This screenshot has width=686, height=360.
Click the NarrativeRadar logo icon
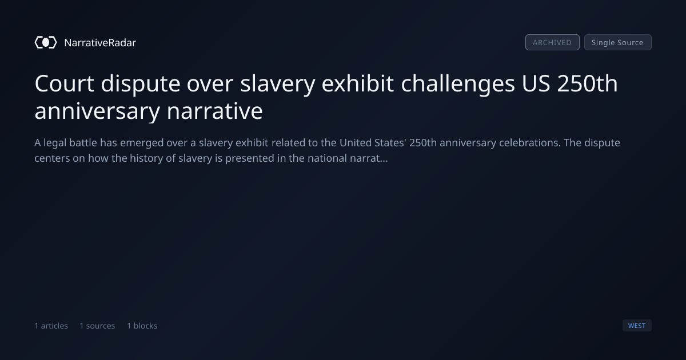tap(46, 42)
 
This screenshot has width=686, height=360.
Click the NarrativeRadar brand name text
tap(100, 42)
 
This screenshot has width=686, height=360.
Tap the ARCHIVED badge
tap(552, 42)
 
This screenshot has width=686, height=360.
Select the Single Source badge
tap(618, 42)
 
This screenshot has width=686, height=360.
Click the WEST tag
tap(637, 325)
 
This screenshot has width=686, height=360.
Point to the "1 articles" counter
tap(51, 326)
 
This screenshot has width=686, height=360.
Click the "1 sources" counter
tap(97, 326)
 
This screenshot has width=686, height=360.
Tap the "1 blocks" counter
tap(142, 326)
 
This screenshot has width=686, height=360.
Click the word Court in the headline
tap(64, 83)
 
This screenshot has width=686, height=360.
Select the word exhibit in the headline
tap(358, 83)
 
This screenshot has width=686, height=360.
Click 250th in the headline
tap(588, 83)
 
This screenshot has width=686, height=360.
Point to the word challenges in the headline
tap(458, 83)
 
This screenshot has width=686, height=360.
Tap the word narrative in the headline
tap(215, 111)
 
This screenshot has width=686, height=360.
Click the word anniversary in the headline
tap(97, 111)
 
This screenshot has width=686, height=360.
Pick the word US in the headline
tap(536, 83)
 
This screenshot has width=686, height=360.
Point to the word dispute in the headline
tap(141, 83)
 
